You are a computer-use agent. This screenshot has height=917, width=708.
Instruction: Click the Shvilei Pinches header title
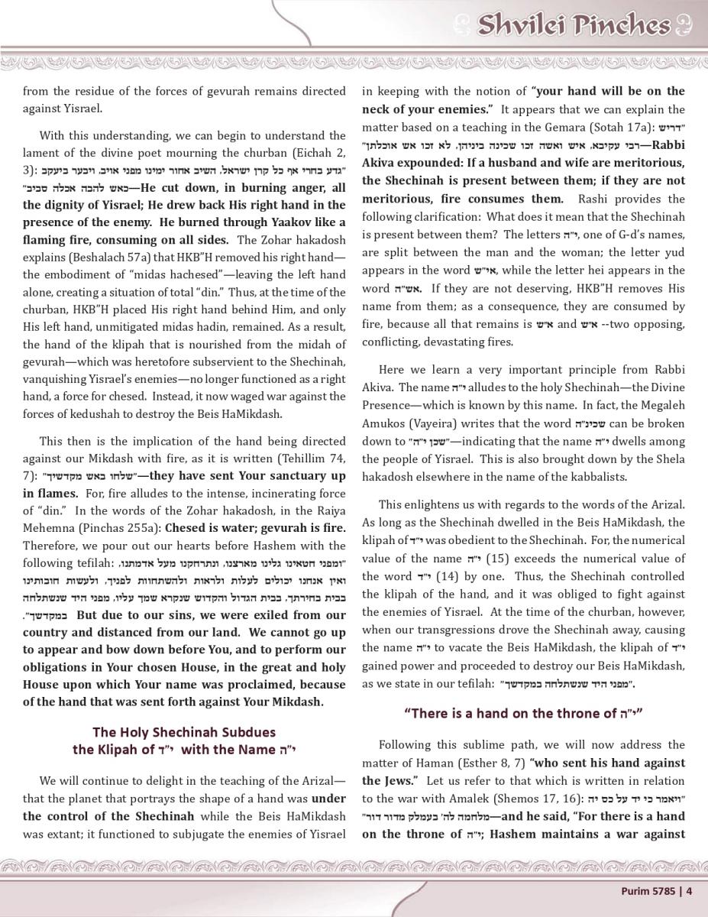coord(574,26)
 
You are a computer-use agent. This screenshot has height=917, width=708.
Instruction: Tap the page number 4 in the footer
coord(689,889)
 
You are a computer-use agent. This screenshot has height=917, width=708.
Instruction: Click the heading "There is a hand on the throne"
coord(523,714)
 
